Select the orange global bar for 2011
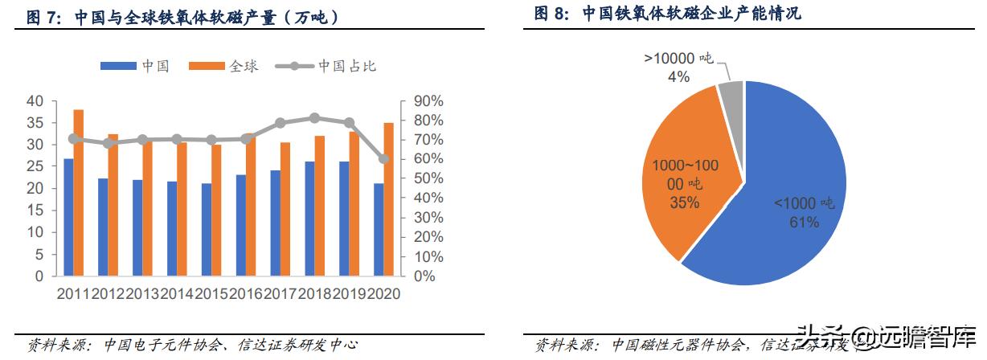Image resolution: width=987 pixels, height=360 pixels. point(79,193)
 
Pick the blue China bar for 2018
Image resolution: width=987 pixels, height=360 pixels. point(309,219)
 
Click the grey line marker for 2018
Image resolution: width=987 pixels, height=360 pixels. point(314,118)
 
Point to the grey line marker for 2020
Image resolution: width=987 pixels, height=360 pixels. point(384,159)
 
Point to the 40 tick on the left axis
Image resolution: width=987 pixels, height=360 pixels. point(35,101)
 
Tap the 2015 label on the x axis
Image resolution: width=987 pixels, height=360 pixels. point(211,294)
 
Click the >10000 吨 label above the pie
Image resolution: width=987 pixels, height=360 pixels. point(678,59)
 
